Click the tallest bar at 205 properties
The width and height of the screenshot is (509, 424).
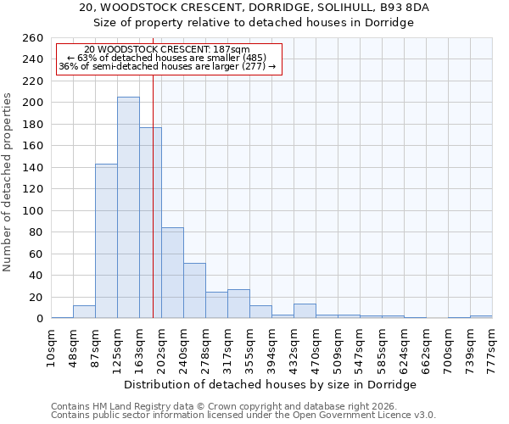128,208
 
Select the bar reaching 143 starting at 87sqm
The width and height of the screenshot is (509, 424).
106,241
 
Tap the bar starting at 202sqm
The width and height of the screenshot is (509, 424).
172,273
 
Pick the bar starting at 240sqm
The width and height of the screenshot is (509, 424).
194,291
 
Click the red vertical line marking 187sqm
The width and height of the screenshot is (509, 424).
153,195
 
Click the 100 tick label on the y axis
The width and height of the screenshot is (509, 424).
33,211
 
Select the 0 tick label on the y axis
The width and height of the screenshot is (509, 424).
39,319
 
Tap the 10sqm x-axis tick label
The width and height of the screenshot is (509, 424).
51,347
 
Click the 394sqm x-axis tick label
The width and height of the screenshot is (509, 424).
271,347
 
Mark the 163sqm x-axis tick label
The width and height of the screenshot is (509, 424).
139,347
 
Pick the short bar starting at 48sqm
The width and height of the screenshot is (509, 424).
84,312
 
